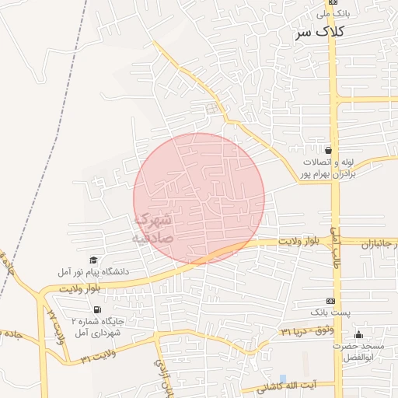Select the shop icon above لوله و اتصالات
(x=329, y=150)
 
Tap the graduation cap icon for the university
(x=93, y=260)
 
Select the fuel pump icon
(x=96, y=309)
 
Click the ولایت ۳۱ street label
(x=98, y=358)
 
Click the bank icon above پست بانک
(x=330, y=301)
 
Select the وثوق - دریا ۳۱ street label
(x=306, y=331)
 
